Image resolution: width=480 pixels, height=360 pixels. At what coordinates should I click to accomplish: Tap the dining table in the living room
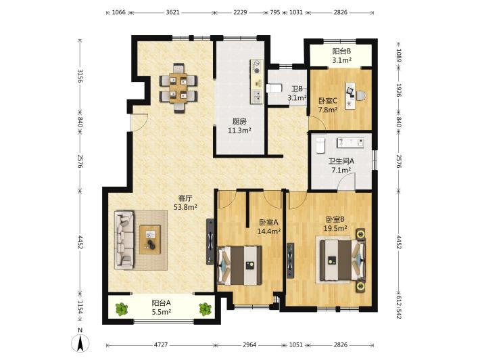[178, 88]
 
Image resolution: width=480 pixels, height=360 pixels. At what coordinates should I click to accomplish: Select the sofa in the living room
[124, 240]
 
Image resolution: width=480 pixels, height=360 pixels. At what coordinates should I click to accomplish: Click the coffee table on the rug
[150, 240]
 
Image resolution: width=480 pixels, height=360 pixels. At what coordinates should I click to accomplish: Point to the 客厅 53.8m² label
[185, 202]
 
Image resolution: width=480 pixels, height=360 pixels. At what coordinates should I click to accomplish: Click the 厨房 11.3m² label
[239, 126]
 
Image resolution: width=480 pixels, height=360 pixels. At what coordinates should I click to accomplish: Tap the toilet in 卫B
[274, 88]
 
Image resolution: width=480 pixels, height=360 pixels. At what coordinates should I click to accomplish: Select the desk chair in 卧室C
[360, 95]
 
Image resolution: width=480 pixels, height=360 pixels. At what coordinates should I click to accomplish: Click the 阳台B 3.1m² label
[341, 55]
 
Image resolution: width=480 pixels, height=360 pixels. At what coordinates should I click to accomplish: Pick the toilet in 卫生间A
[320, 145]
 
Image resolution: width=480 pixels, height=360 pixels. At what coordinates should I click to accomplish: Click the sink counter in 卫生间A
[350, 143]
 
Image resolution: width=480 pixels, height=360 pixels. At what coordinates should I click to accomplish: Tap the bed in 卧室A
[239, 265]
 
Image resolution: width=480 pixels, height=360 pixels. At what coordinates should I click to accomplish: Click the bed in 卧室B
[343, 260]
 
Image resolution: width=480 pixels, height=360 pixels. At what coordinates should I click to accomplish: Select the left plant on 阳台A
[122, 309]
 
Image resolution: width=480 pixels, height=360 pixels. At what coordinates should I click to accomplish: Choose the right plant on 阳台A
[205, 309]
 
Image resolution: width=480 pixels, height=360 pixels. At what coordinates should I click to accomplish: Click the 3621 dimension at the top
[172, 13]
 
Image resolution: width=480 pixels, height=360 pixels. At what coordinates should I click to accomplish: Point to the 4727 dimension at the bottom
[161, 344]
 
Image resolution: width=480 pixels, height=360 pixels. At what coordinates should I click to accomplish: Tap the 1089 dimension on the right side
[399, 55]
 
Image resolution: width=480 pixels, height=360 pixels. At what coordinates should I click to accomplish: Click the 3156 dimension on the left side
[80, 76]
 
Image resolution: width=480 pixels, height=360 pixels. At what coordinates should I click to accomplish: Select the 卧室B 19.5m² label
[335, 224]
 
